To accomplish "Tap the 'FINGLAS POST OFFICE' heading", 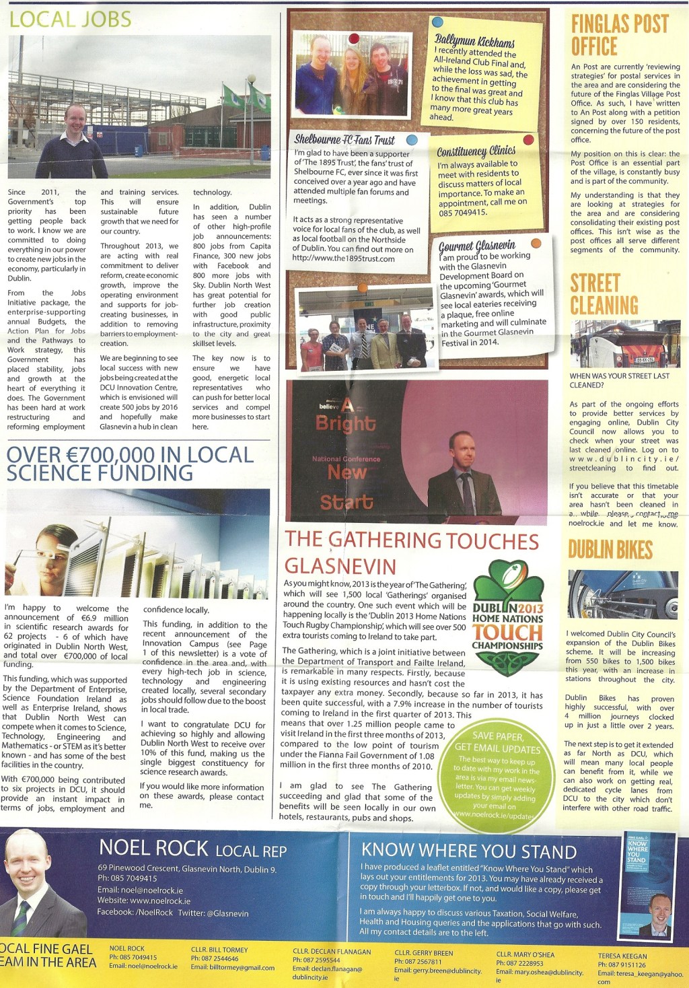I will pos(619,35).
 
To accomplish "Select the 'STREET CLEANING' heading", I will pos(604,294).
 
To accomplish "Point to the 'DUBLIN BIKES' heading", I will pos(610,550).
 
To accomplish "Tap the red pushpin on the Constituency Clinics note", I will pos(528,140).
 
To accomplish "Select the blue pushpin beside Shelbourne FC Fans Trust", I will pos(412,140).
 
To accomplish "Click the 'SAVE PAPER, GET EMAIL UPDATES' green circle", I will pos(497,775).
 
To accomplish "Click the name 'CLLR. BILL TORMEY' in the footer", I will pos(219,950).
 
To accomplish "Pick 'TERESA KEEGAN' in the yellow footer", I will pos(622,956).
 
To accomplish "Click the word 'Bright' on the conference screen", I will pos(345,423).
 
